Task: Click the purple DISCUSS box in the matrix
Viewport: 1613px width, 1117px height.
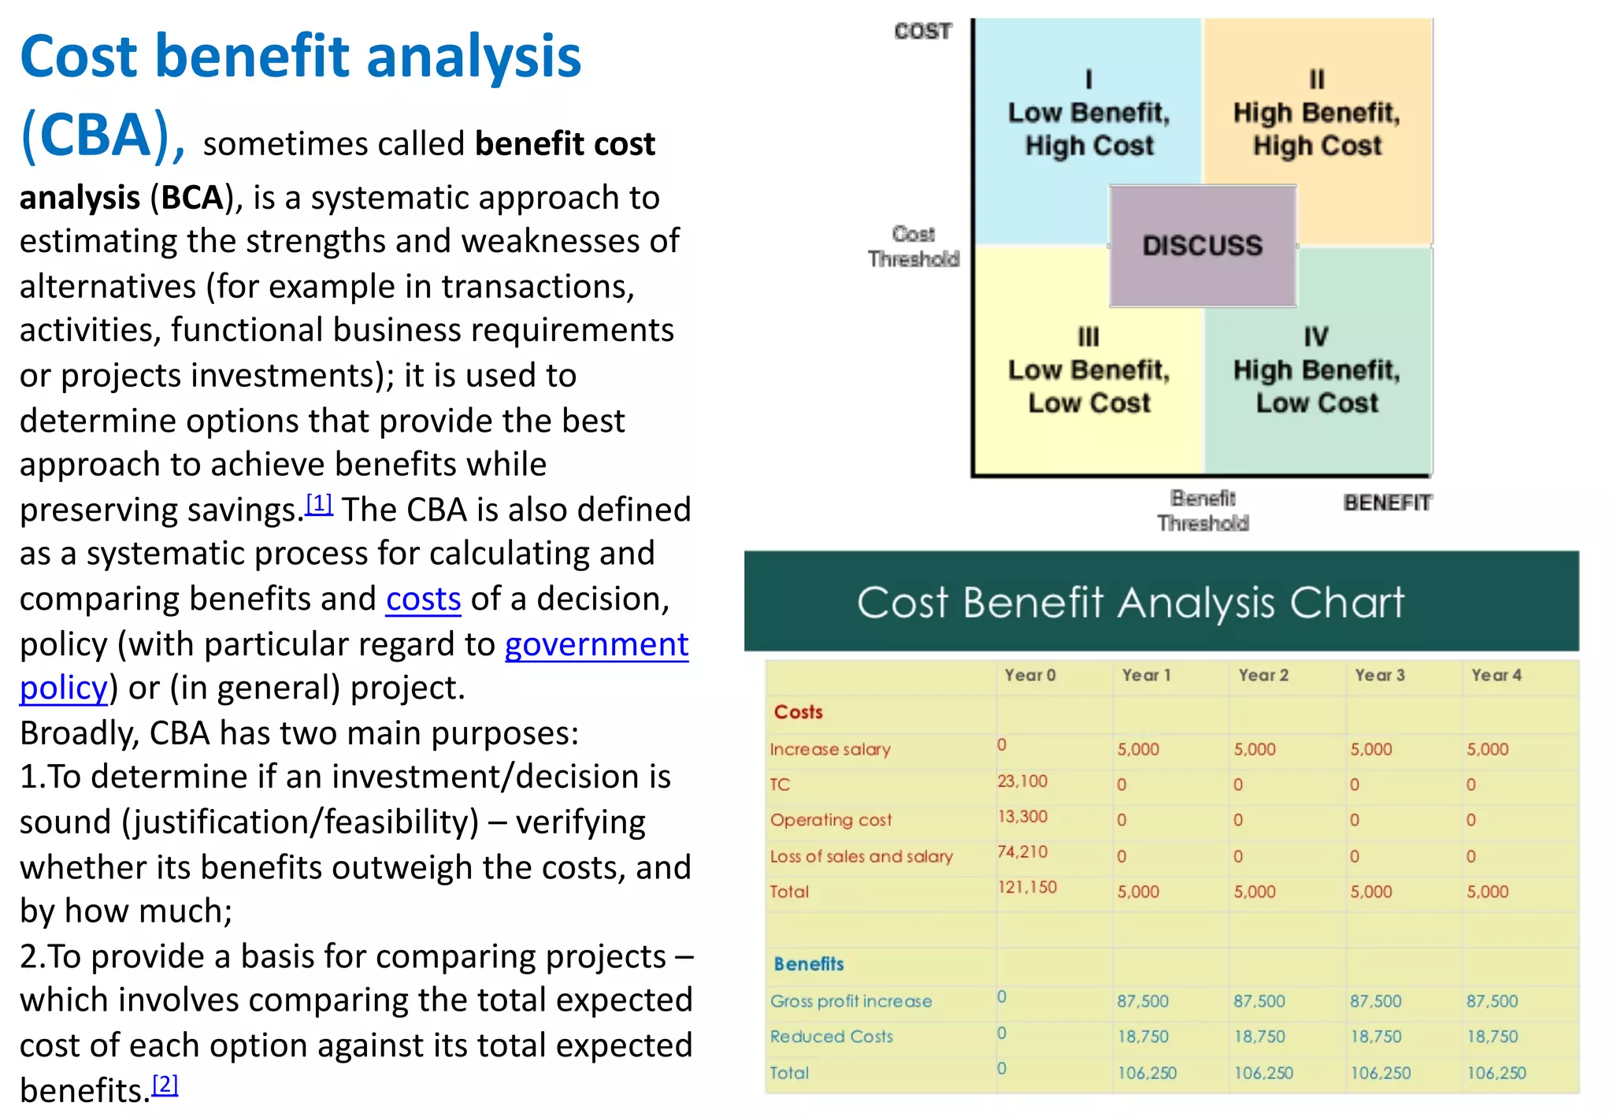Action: point(1202,246)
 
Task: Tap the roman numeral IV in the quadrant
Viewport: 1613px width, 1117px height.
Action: point(1315,337)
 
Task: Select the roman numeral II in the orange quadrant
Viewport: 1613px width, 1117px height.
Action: point(1317,80)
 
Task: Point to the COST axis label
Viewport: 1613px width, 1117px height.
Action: point(922,32)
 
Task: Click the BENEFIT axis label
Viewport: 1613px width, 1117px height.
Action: point(1387,503)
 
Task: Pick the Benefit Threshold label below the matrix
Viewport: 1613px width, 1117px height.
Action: point(1203,510)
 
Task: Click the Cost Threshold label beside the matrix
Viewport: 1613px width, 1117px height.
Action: point(914,247)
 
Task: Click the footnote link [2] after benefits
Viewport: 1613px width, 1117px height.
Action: point(165,1084)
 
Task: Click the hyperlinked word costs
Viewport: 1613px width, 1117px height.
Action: point(423,599)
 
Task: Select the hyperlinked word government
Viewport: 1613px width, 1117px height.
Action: point(596,644)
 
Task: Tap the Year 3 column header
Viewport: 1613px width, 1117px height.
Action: point(1379,675)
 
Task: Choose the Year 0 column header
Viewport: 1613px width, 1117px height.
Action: point(1029,675)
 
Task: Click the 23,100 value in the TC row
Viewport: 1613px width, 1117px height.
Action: point(1022,781)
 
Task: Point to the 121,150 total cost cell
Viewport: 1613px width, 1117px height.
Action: point(1027,887)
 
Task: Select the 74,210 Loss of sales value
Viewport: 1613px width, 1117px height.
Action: point(1022,852)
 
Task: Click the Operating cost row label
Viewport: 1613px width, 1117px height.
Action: point(831,820)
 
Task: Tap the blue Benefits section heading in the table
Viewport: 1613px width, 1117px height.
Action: point(808,963)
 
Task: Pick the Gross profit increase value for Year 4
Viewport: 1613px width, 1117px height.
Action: point(1492,1001)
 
